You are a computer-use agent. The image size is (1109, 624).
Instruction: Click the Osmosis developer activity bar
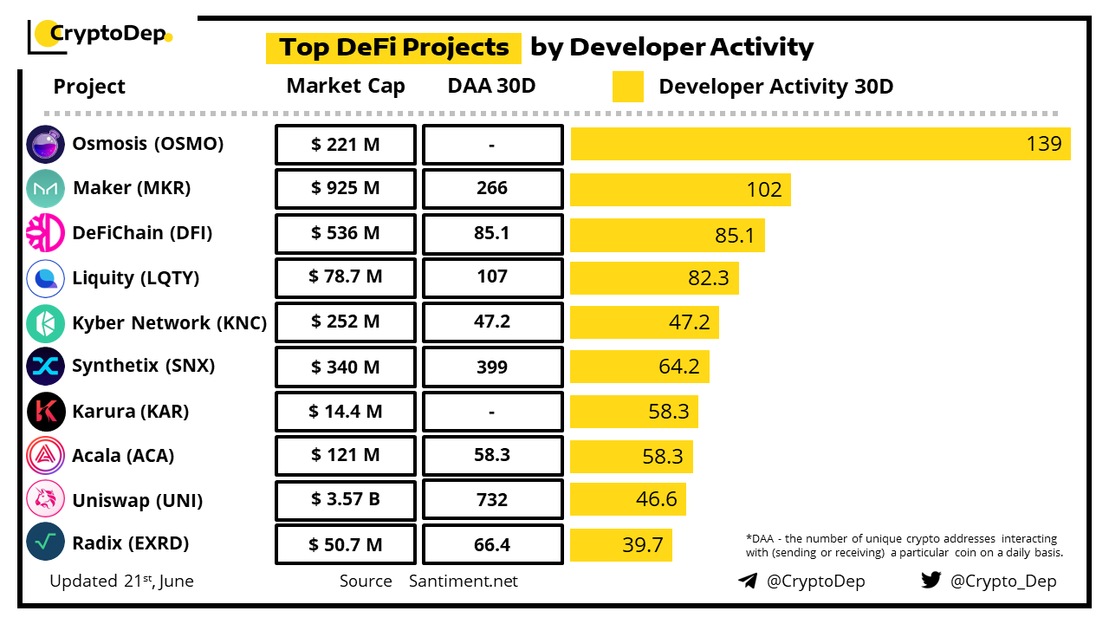click(x=820, y=144)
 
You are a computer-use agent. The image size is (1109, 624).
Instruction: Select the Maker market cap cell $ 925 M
click(x=346, y=189)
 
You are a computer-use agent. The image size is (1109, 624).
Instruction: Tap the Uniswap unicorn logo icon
click(x=46, y=500)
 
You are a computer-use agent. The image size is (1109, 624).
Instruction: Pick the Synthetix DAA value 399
click(x=492, y=367)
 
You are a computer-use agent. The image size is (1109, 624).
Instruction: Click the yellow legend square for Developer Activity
click(x=628, y=87)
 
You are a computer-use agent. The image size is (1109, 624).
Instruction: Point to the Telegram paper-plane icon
click(x=748, y=581)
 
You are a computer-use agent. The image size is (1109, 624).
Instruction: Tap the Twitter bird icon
click(x=931, y=581)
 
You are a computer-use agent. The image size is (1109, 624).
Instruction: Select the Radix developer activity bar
click(x=621, y=544)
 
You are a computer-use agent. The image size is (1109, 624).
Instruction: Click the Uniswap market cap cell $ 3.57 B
click(x=346, y=500)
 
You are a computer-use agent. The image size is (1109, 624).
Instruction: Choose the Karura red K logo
click(x=46, y=412)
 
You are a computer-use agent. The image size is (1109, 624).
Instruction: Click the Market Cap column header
click(x=346, y=86)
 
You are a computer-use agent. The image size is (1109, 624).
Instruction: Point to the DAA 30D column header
click(x=491, y=86)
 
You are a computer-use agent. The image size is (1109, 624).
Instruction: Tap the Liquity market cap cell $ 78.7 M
click(x=346, y=277)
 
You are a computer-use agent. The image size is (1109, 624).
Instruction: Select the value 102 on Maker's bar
click(x=764, y=189)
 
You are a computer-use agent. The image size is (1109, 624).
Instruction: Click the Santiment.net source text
click(x=464, y=581)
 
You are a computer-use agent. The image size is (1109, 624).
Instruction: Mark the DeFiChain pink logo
click(x=46, y=233)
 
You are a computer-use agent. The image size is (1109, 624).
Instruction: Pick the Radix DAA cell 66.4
click(x=492, y=544)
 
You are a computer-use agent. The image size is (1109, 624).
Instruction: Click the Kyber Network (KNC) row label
click(x=169, y=322)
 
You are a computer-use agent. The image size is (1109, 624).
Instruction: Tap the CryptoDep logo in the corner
click(x=100, y=35)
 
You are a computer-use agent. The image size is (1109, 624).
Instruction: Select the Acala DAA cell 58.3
click(x=492, y=456)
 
